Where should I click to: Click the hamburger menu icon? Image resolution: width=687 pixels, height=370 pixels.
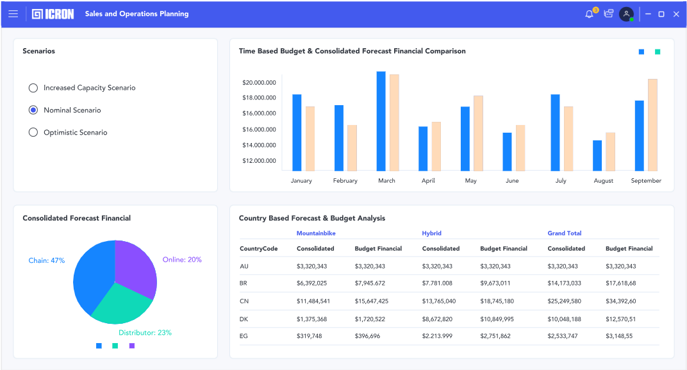coord(13,13)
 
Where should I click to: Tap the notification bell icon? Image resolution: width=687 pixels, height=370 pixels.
coord(590,13)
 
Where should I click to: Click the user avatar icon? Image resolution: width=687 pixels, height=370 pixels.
coord(626,13)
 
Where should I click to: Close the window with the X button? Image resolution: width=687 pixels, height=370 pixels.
coord(676,13)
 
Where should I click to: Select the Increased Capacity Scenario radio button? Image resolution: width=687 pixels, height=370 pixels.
coord(33,88)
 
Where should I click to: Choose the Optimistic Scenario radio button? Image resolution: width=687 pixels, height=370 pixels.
coord(33,133)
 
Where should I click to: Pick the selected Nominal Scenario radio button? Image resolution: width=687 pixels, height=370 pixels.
coord(33,110)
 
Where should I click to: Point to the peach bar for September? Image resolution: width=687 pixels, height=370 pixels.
coord(652,124)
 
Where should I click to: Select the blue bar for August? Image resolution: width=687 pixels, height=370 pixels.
coord(597,155)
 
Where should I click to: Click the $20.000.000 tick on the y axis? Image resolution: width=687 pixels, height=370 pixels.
coord(259,82)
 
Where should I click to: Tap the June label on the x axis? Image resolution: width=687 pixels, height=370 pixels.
coord(512,181)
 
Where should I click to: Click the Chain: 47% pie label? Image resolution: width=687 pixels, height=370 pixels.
coord(47,260)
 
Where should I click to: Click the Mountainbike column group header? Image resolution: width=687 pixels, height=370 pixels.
coord(316,233)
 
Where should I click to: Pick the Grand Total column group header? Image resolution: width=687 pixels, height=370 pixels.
coord(565,233)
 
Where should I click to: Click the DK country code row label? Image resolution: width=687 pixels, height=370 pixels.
coord(244,319)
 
